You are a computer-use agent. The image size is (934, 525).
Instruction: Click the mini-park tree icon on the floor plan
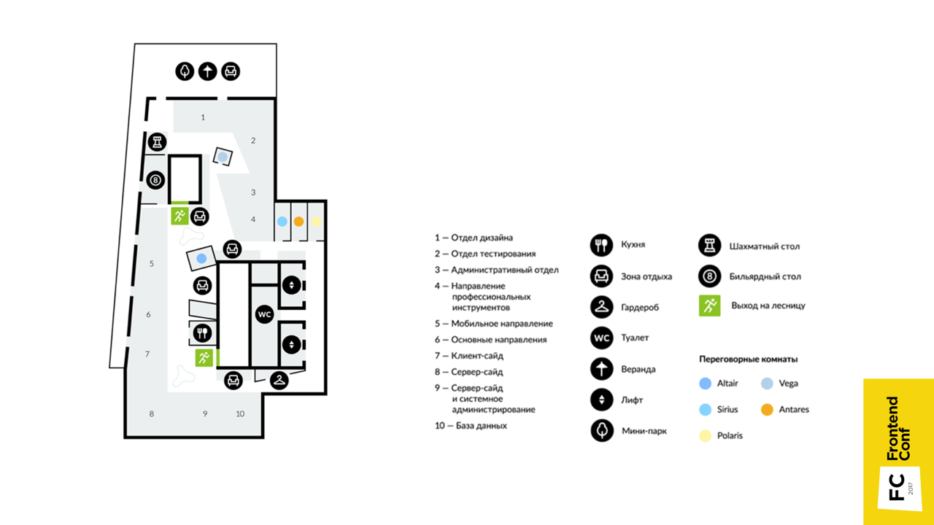pos(185,71)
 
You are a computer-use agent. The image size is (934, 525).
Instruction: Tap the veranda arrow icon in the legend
pos(601,369)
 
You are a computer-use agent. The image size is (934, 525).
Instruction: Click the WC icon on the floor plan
pos(264,314)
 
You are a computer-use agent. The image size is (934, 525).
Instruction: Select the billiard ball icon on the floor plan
pos(155,179)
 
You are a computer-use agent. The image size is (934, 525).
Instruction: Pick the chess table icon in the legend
pos(709,246)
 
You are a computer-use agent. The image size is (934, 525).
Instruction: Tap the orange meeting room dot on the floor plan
pos(298,221)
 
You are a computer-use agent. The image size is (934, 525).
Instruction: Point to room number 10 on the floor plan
pos(240,413)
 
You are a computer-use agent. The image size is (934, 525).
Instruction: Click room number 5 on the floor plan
pos(152,263)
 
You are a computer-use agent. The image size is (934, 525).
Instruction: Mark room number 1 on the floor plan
pos(203,117)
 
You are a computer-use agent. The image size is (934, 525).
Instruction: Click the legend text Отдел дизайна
pos(482,238)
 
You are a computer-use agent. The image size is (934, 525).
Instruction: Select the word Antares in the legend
pos(794,410)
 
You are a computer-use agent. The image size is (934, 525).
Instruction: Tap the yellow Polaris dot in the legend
pos(705,435)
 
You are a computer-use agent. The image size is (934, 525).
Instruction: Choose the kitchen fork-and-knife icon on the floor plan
pos(202,333)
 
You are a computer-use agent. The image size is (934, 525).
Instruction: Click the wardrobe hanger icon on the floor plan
pos(279,380)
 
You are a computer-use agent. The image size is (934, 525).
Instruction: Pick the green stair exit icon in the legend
pos(709,306)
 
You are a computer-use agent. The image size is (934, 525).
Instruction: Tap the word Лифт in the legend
pos(631,400)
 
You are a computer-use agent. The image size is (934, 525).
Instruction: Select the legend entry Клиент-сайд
pos(476,356)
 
